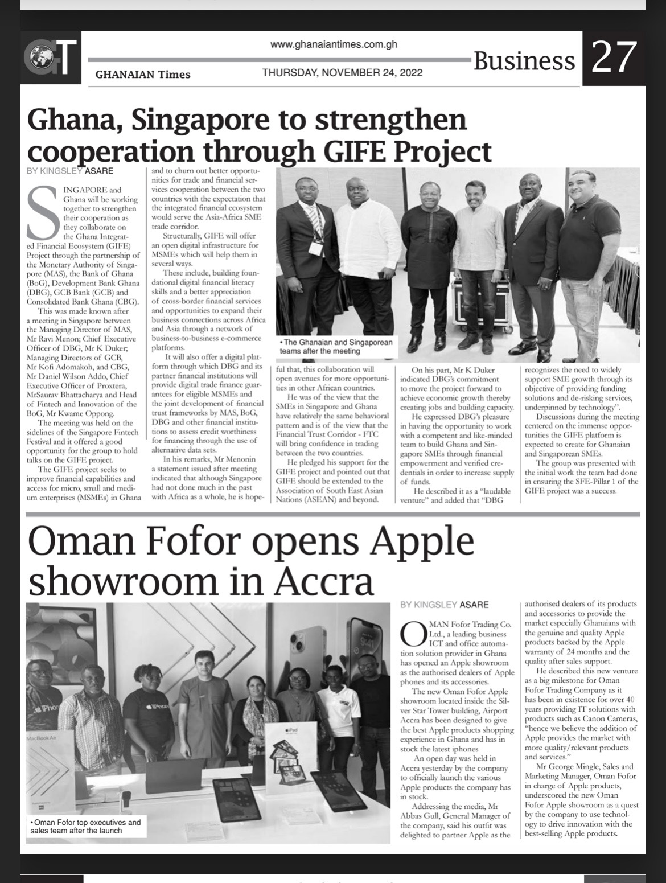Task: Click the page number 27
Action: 614,58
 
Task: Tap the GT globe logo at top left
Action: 51,58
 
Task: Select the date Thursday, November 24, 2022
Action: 342,73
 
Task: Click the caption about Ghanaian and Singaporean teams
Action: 336,347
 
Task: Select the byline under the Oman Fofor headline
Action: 444,605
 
